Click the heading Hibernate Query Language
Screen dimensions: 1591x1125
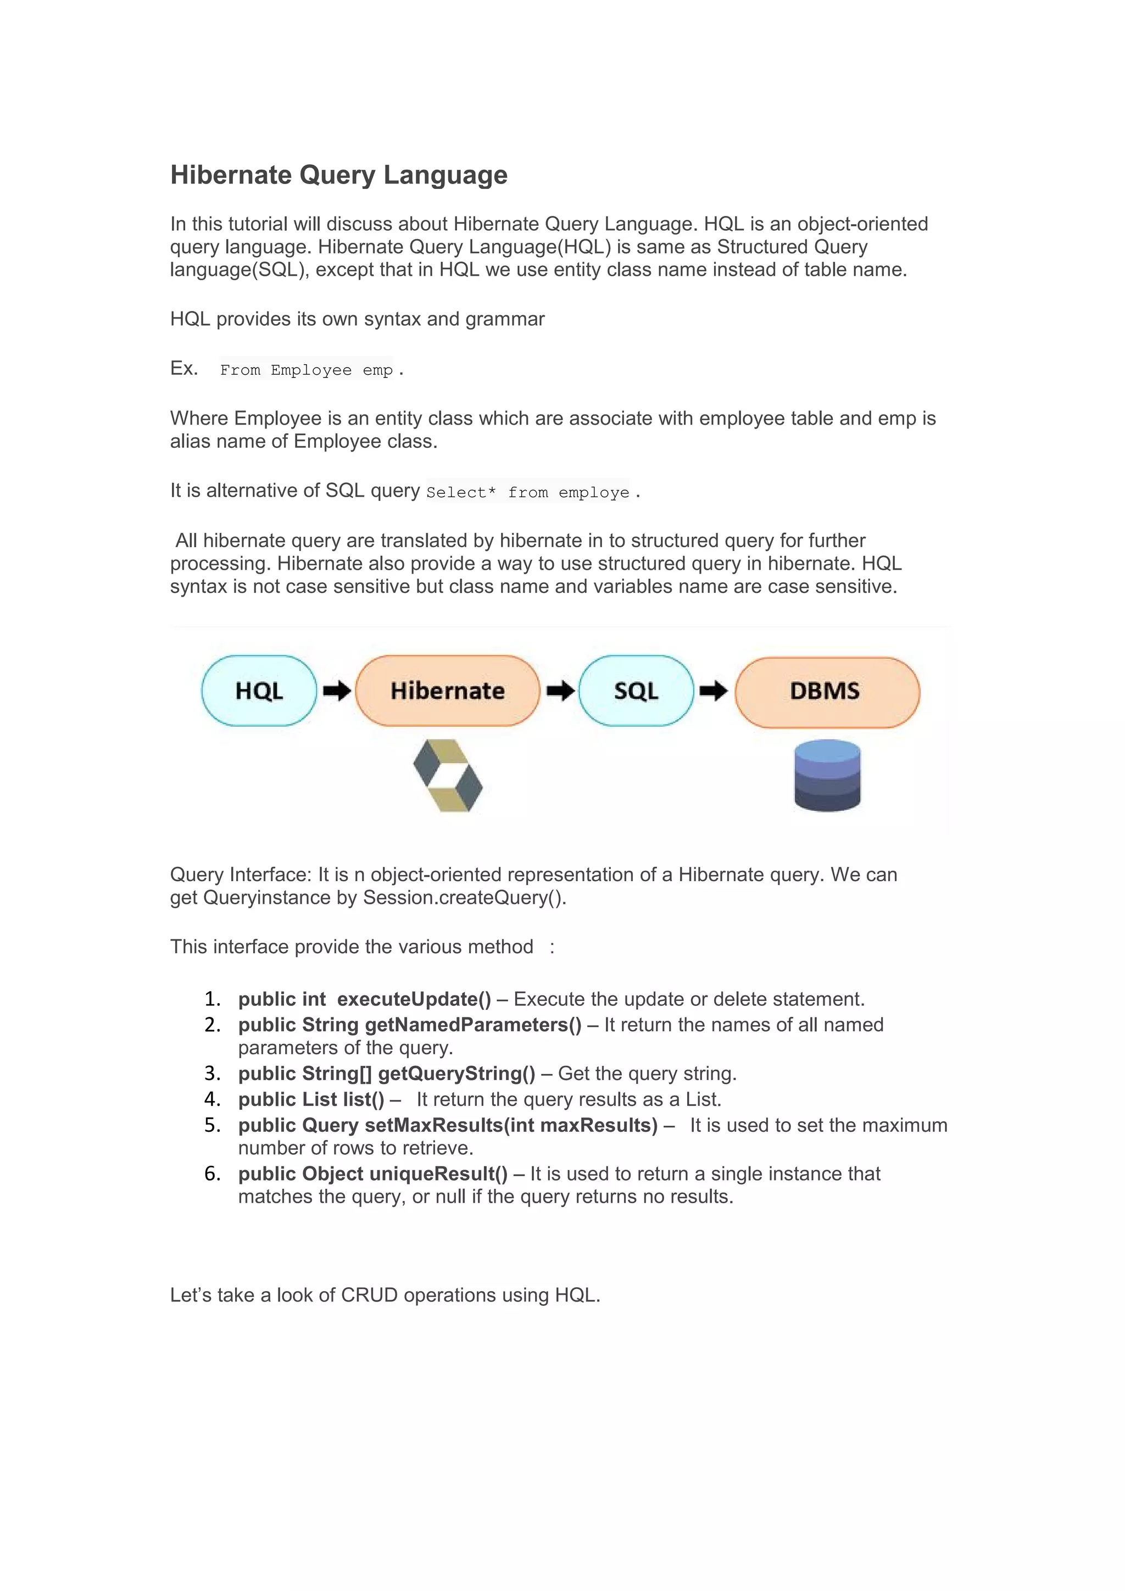click(x=339, y=175)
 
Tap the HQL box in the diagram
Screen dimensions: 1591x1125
click(x=259, y=691)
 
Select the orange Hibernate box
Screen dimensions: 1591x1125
click(x=448, y=691)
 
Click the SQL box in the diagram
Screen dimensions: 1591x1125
click(x=636, y=691)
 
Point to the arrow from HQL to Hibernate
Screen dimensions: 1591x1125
click(x=337, y=691)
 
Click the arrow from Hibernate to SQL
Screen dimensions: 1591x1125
click(x=560, y=691)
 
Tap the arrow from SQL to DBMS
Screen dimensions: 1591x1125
click(x=714, y=691)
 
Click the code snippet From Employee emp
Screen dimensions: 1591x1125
click(x=306, y=370)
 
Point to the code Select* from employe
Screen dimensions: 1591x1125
click(x=528, y=493)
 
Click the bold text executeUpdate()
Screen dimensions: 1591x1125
click(x=414, y=999)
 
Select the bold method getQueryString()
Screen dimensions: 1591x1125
click(x=456, y=1073)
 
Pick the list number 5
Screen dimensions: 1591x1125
click(x=212, y=1125)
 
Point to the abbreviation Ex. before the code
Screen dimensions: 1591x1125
click(x=184, y=368)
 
